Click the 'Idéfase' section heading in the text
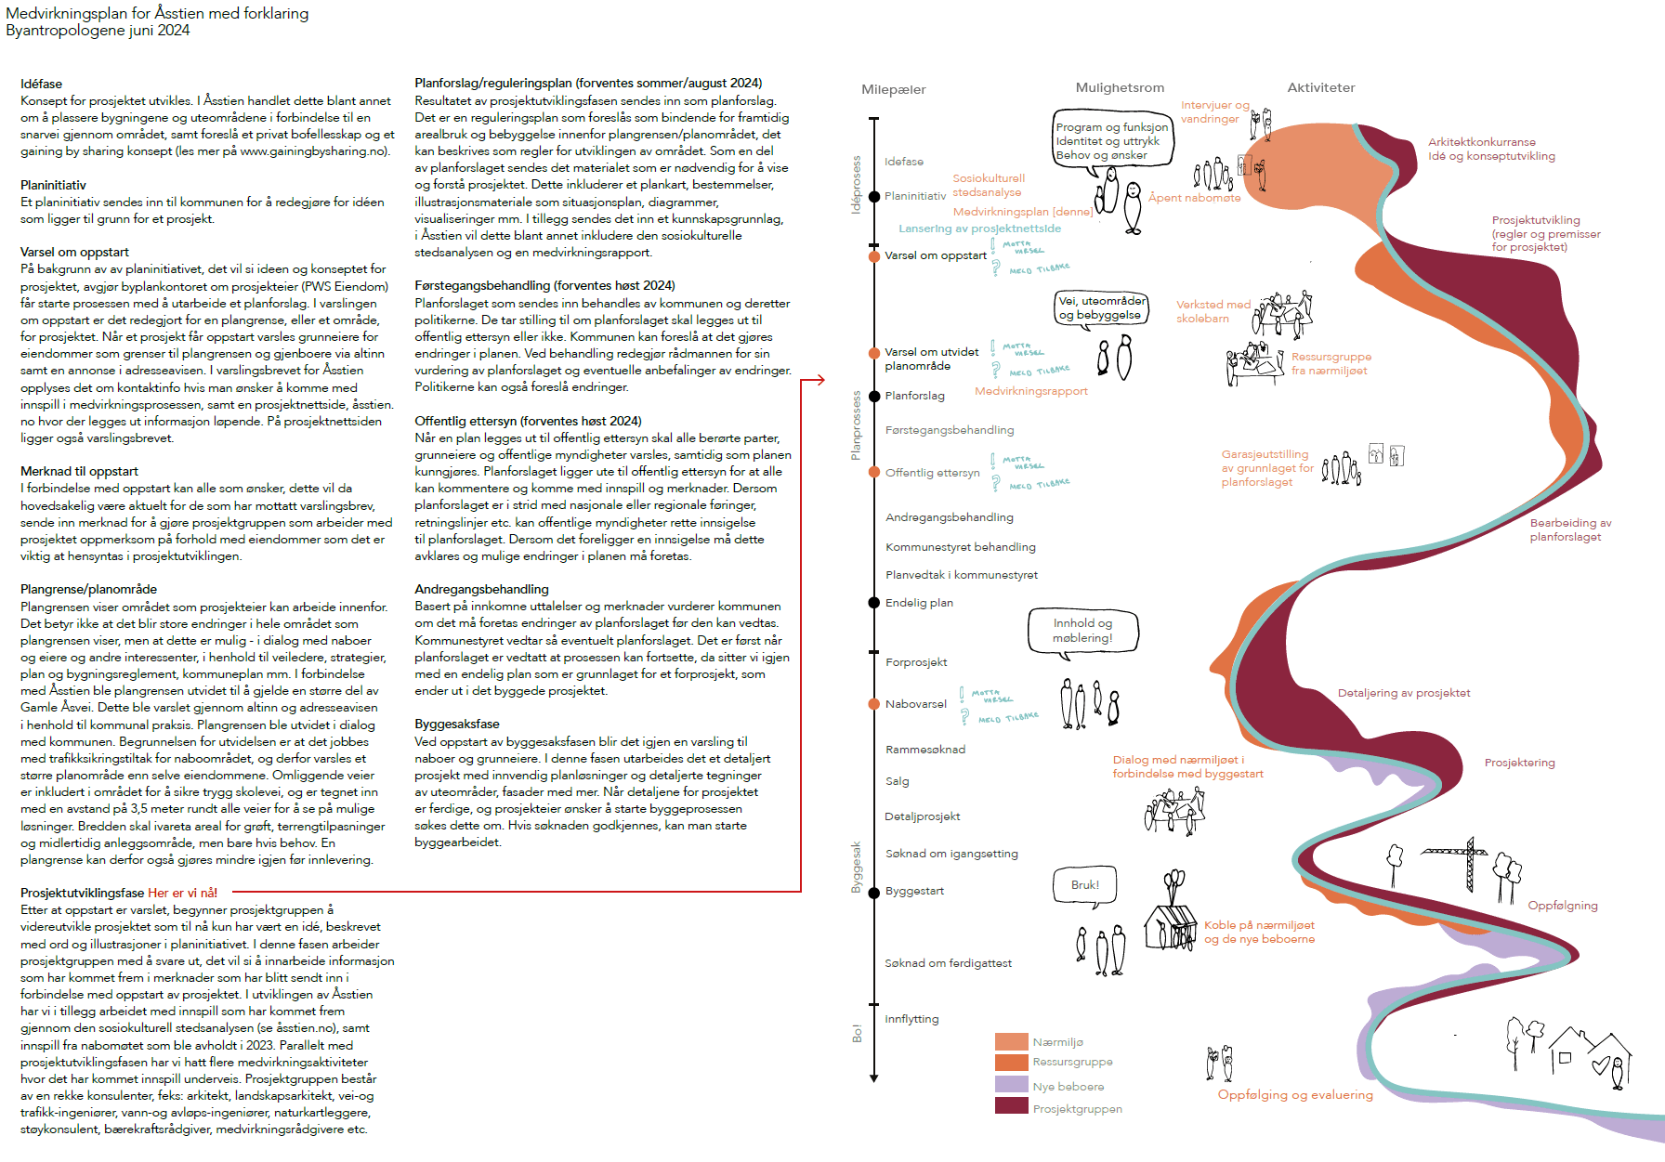(x=41, y=84)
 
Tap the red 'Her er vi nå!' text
(x=182, y=893)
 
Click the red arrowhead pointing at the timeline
(x=819, y=380)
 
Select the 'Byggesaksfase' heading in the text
(x=456, y=724)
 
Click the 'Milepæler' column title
(x=893, y=89)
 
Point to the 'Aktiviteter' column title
(x=1320, y=87)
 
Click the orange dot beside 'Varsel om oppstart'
(x=874, y=256)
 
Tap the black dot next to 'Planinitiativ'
(x=874, y=196)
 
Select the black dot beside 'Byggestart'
(x=874, y=892)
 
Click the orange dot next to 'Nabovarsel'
(x=874, y=704)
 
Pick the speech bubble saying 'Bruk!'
(x=1084, y=885)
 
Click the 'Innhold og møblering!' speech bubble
(x=1082, y=631)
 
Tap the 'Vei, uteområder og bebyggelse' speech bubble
(x=1101, y=308)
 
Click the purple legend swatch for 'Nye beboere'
(x=1011, y=1084)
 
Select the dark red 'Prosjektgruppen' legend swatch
(x=1011, y=1106)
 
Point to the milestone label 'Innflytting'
(x=911, y=1019)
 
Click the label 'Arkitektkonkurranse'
(x=1481, y=142)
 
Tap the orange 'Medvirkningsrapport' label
(x=1030, y=391)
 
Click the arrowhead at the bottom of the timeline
(x=874, y=1077)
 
